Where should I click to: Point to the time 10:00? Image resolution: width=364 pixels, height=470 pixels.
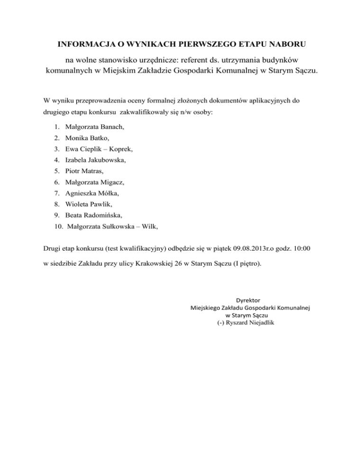pos(302,248)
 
